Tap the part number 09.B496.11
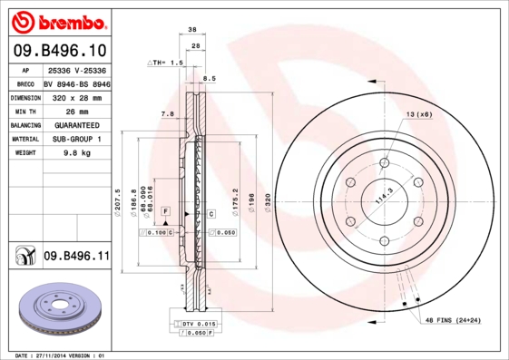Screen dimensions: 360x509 point(76,257)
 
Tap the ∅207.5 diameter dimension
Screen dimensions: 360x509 point(120,200)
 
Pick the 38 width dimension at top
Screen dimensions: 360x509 point(192,31)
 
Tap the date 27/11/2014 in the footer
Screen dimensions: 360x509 point(65,355)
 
